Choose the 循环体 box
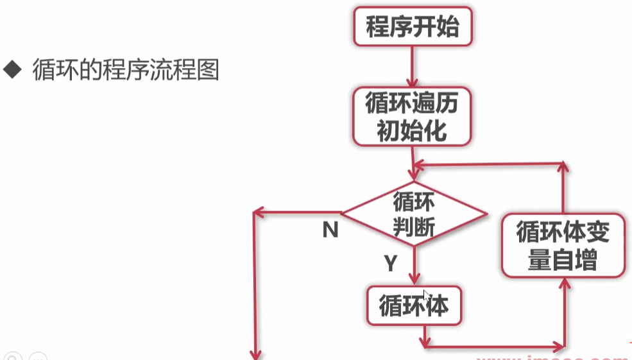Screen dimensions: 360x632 (x=414, y=305)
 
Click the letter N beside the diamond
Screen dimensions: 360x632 (x=330, y=230)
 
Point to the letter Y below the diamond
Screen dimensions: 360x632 (x=391, y=262)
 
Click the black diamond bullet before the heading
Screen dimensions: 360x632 (x=12, y=69)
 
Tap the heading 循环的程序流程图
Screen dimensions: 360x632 (x=126, y=69)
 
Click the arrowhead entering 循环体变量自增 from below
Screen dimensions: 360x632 (x=563, y=284)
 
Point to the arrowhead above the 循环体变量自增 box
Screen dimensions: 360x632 (x=563, y=167)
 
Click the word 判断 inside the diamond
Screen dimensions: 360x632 (x=414, y=226)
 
